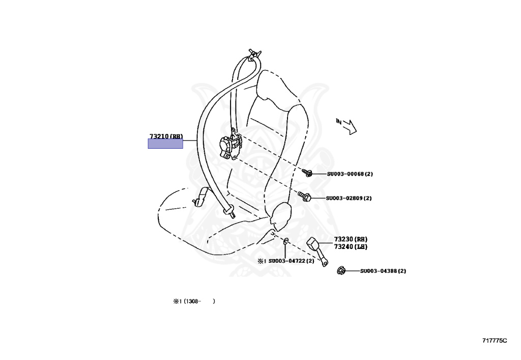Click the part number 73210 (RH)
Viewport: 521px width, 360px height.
(166, 136)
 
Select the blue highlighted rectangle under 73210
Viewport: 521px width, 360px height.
(165, 144)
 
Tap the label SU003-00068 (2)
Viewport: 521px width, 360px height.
(350, 174)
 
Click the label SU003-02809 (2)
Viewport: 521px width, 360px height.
(349, 198)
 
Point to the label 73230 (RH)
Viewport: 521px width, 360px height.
(351, 239)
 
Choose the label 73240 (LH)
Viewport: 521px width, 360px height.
(351, 246)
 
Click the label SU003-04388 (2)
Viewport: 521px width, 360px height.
(383, 271)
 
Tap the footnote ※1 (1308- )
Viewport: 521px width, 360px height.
(194, 301)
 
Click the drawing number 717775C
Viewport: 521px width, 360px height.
(495, 340)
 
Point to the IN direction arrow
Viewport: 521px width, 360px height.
(348, 125)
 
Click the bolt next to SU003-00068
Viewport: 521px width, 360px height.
(307, 174)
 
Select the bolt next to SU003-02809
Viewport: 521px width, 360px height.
(304, 196)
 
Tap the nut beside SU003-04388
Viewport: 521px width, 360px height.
(341, 271)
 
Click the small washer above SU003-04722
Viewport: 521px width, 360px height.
(285, 240)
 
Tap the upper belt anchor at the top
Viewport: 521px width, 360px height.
(253, 55)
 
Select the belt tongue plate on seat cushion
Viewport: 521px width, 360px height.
(201, 197)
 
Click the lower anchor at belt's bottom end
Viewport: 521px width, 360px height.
(229, 210)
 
